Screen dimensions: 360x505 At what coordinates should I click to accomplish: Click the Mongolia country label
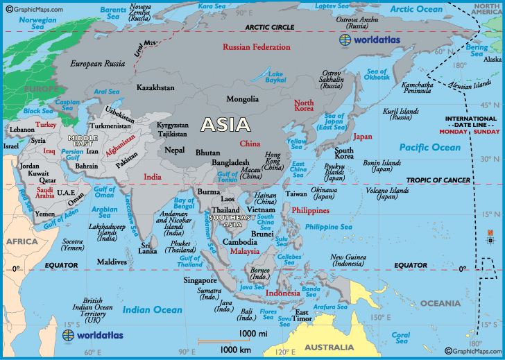(242, 99)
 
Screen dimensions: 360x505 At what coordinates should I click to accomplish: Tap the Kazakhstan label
(156, 88)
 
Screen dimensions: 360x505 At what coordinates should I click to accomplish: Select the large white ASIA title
(225, 125)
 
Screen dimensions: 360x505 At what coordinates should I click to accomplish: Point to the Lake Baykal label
(276, 77)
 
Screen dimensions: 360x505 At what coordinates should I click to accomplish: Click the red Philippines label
(310, 210)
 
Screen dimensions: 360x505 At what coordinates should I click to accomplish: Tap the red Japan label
(362, 137)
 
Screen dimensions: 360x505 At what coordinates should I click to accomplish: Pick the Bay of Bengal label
(183, 203)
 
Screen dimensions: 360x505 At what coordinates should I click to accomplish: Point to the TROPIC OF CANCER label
(438, 180)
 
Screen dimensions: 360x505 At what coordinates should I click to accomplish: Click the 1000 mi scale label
(253, 334)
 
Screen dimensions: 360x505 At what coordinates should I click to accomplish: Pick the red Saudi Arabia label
(45, 192)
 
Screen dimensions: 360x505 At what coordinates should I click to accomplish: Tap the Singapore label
(200, 280)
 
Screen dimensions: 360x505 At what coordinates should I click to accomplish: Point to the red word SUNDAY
(486, 131)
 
